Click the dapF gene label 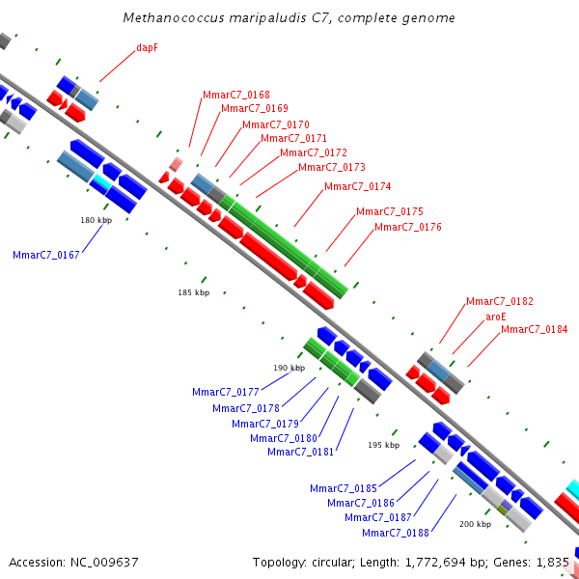(148, 47)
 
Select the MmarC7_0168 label (236, 95)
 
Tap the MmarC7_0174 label (357, 186)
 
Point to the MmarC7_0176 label (408, 227)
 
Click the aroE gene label (496, 317)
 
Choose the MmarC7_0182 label (500, 301)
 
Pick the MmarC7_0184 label (534, 329)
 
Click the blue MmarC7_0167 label (46, 255)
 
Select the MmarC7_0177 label (226, 392)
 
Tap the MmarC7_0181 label (300, 452)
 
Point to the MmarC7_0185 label (344, 488)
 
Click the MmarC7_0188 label (396, 533)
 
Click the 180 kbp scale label (96, 220)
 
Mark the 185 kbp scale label (194, 292)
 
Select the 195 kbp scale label (384, 445)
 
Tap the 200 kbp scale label (475, 524)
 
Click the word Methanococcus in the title (174, 17)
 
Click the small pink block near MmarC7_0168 (177, 164)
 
